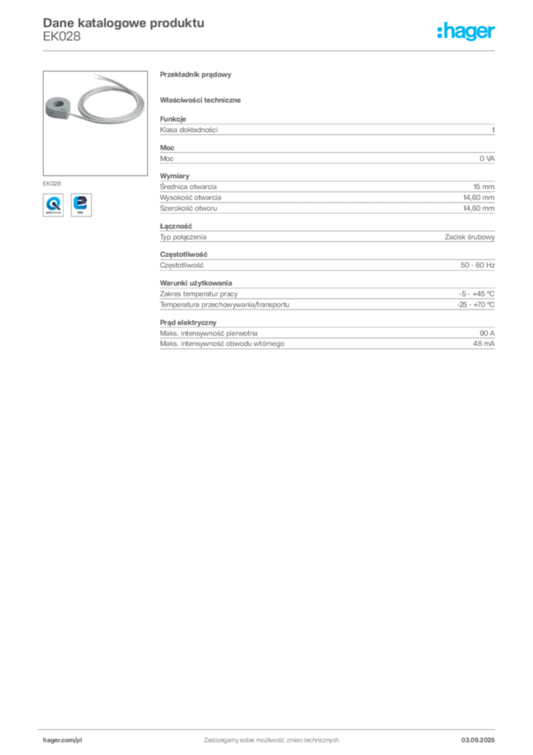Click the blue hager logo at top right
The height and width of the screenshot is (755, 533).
pos(467,32)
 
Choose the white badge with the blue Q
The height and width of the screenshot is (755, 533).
pos(53,203)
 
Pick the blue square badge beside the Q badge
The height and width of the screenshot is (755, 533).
pos(82,203)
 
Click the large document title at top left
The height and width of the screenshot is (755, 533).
pos(122,23)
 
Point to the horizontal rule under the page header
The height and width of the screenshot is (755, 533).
pos(270,50)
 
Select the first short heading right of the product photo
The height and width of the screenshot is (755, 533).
pos(197,76)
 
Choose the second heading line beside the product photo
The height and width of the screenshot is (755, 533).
pos(203,99)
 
